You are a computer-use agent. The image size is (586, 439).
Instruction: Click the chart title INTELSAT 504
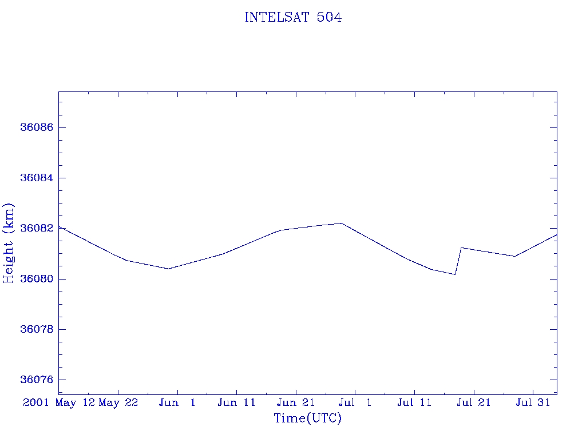click(x=293, y=17)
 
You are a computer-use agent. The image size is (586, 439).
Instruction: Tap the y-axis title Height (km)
click(x=8, y=243)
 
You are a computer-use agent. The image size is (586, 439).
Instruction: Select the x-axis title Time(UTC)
click(x=307, y=418)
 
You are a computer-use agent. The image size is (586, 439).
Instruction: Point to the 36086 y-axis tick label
click(x=37, y=127)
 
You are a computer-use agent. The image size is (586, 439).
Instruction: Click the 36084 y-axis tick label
click(x=37, y=178)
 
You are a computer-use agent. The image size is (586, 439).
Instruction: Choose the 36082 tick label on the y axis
click(x=37, y=228)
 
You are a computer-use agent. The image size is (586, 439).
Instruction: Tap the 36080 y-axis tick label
click(x=37, y=279)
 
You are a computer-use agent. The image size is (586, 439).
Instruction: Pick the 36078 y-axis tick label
click(x=37, y=329)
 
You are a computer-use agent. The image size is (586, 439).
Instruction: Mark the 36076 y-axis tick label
click(x=37, y=380)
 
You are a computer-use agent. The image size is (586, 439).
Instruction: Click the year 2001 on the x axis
click(x=36, y=402)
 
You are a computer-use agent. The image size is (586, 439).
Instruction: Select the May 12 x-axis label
click(x=75, y=403)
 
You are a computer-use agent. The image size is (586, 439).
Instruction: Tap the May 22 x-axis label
click(x=118, y=403)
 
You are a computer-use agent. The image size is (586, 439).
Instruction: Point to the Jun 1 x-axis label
click(x=177, y=402)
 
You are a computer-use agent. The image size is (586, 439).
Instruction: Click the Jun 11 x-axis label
click(x=236, y=402)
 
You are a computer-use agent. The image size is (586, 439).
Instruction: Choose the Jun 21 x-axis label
click(x=296, y=402)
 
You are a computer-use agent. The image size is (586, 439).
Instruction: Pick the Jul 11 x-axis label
click(x=414, y=402)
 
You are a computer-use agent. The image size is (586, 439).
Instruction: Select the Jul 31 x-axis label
click(x=533, y=402)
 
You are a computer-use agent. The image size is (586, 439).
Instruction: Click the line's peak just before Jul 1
click(x=341, y=224)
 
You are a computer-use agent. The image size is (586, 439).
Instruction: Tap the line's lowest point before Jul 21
click(x=455, y=274)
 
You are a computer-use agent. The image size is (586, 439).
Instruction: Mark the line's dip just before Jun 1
click(x=169, y=269)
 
